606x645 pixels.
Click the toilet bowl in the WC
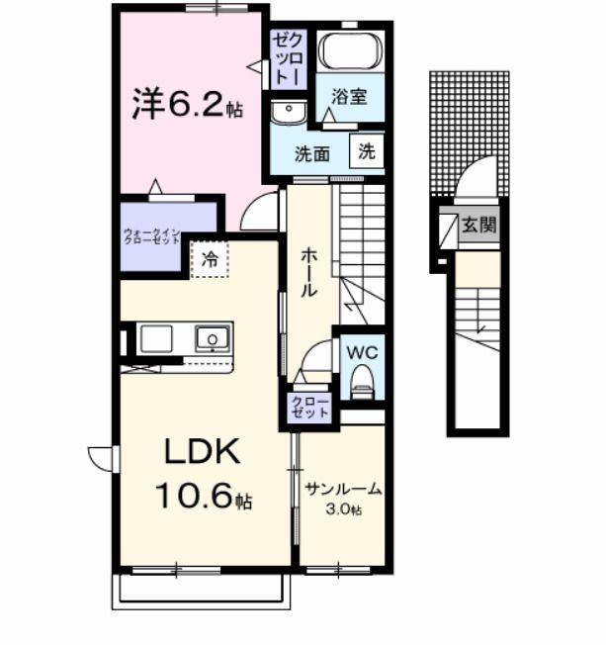pyautogui.click(x=361, y=380)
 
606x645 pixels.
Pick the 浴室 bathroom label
pyautogui.click(x=350, y=97)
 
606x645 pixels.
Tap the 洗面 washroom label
pyautogui.click(x=312, y=153)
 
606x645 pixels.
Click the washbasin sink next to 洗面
pyautogui.click(x=289, y=112)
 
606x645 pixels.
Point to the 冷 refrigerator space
pyautogui.click(x=210, y=260)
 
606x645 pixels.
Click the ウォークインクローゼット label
pyautogui.click(x=165, y=237)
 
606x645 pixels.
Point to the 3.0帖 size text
pyautogui.click(x=346, y=510)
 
